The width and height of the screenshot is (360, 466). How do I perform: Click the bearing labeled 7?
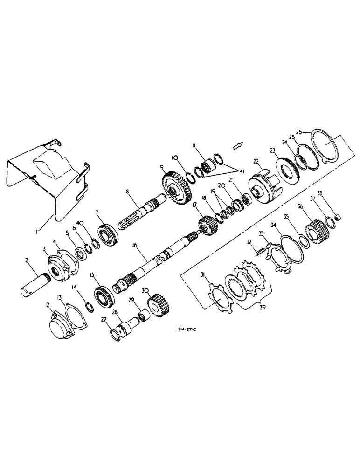coord(108,232)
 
